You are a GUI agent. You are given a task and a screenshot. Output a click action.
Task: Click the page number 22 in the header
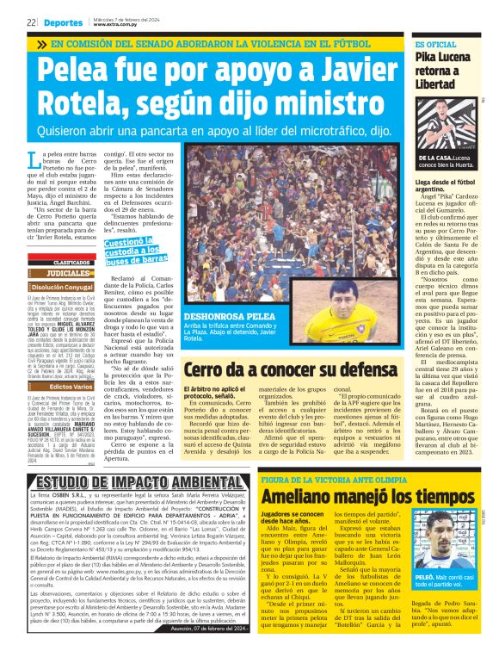[30, 23]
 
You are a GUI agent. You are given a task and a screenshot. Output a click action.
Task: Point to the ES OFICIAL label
[436, 45]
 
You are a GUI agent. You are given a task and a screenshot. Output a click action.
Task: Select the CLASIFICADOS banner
[73, 262]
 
